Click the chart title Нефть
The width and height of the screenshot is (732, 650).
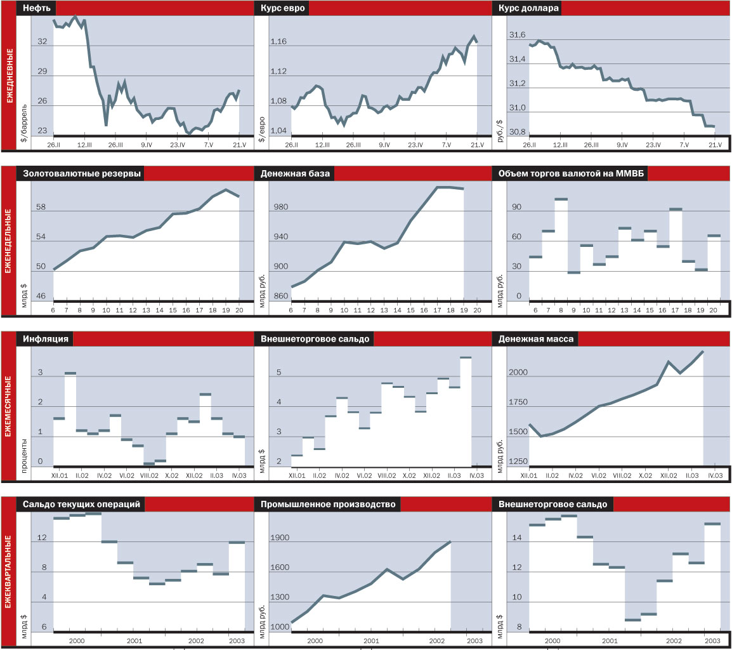tap(37, 9)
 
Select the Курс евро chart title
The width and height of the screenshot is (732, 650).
tap(283, 9)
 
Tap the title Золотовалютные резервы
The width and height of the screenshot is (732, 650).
tap(82, 174)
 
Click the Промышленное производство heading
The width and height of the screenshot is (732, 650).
tap(328, 505)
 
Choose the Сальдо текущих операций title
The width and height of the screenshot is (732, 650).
tap(82, 505)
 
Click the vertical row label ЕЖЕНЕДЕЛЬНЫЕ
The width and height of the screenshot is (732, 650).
tap(8, 240)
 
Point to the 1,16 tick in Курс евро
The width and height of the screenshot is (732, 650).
tap(278, 42)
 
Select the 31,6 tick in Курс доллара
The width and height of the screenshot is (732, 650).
tap(517, 36)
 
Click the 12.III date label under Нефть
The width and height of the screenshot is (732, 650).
tap(84, 145)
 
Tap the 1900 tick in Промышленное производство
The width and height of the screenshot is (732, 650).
tap(280, 538)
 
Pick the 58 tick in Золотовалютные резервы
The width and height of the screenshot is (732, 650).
tap(41, 208)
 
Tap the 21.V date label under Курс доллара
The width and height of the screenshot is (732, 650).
tap(715, 145)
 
